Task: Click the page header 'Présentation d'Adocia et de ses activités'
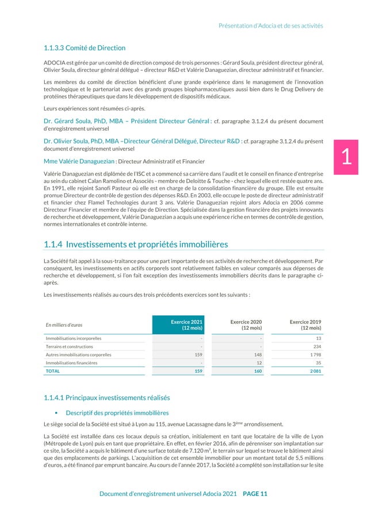(271, 25)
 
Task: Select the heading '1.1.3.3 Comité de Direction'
(85, 48)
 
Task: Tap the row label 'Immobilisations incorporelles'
(74, 338)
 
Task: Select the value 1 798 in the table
(314, 355)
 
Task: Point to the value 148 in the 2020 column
(258, 355)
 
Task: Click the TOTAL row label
(53, 372)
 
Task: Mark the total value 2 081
(314, 372)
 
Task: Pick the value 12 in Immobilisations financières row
(259, 363)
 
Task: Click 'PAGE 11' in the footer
(255, 493)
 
